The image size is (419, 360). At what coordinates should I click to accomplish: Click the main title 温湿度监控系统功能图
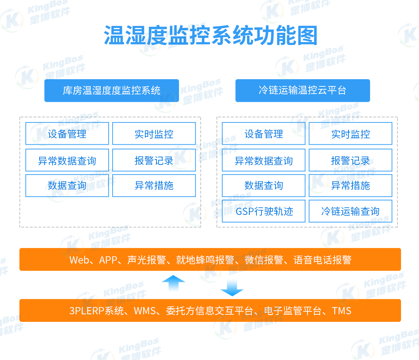click(210, 35)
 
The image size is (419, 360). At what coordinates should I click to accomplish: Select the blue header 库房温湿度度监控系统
click(111, 90)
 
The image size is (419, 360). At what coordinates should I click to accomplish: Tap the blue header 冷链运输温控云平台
click(302, 90)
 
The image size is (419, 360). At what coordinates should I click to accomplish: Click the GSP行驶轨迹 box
click(264, 211)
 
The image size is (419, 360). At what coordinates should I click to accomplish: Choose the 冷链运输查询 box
click(350, 211)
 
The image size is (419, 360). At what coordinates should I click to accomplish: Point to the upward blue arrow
click(173, 283)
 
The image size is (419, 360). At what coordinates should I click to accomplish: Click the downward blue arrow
click(232, 287)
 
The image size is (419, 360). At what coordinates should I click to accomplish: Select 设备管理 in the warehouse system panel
click(67, 134)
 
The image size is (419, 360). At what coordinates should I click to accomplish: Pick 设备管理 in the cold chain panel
click(264, 134)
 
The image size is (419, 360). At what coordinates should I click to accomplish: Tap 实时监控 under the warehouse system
click(154, 134)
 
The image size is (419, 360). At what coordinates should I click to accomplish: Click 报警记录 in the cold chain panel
click(350, 160)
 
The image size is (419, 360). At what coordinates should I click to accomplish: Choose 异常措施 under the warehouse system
click(154, 186)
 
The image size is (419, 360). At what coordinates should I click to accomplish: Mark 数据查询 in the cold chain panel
click(264, 186)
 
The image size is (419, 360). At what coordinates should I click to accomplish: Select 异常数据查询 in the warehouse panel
click(67, 160)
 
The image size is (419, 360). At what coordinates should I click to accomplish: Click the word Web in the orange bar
click(79, 260)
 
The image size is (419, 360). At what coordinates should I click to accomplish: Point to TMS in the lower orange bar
click(341, 311)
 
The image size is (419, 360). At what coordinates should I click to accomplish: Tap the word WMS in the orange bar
click(145, 311)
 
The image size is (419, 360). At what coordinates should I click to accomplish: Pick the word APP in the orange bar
click(108, 260)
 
